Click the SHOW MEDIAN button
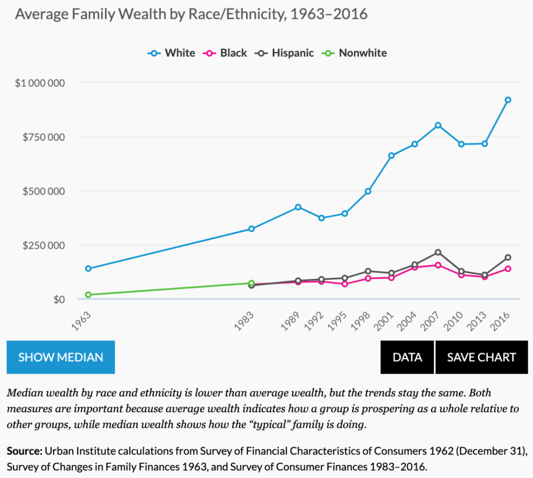[61, 357]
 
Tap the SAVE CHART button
[481, 357]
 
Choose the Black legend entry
[225, 53]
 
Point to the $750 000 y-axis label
[44, 137]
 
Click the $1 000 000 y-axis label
[40, 83]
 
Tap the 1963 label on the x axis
[81, 321]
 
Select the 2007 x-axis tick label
[430, 321]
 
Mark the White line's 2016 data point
[508, 100]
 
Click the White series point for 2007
[438, 125]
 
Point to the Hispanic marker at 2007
[438, 252]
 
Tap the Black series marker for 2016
[508, 269]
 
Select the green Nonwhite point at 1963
[88, 295]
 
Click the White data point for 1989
[298, 207]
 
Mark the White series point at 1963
[88, 268]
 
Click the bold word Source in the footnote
[24, 451]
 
